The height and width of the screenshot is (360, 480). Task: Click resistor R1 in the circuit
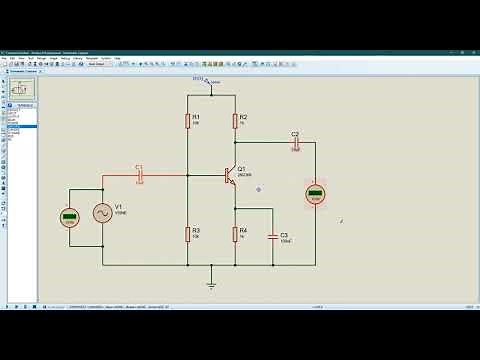[x=188, y=121]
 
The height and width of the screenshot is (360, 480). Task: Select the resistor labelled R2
[x=235, y=121]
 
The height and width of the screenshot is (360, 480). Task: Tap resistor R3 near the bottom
[x=188, y=234]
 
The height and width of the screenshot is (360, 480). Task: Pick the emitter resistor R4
[x=235, y=234]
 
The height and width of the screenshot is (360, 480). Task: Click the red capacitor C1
[x=139, y=175]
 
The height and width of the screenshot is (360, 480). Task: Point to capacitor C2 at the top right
[x=295, y=142]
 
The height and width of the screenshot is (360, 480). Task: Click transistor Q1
[x=230, y=176]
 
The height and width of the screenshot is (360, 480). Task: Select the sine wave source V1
[x=102, y=212]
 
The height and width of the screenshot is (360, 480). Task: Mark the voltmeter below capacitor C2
[x=315, y=193]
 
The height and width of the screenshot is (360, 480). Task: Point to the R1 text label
[x=196, y=117]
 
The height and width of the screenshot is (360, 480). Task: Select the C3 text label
[x=284, y=234]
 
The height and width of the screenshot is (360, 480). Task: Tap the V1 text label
[x=119, y=206]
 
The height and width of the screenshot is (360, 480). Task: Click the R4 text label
[x=243, y=230]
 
